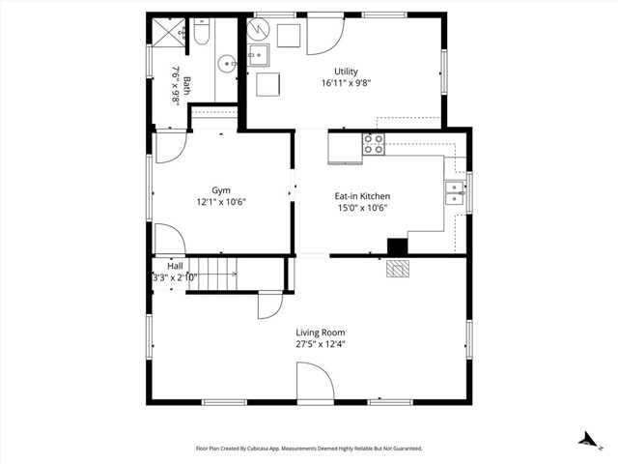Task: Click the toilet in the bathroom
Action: pyautogui.click(x=201, y=35)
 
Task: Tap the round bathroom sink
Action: pyautogui.click(x=225, y=65)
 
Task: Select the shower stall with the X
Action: pyautogui.click(x=170, y=31)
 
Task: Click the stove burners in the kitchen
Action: pyautogui.click(x=374, y=145)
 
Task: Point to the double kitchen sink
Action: pyautogui.click(x=454, y=193)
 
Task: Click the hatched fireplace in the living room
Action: pyautogui.click(x=397, y=269)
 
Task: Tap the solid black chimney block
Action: pyautogui.click(x=397, y=246)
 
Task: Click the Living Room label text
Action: pyautogui.click(x=320, y=333)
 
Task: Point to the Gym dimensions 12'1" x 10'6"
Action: pyautogui.click(x=222, y=203)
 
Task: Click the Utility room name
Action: pyautogui.click(x=346, y=72)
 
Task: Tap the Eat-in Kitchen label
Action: pyautogui.click(x=363, y=196)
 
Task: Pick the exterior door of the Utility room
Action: pyautogui.click(x=325, y=36)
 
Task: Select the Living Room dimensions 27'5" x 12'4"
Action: pyautogui.click(x=320, y=344)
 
